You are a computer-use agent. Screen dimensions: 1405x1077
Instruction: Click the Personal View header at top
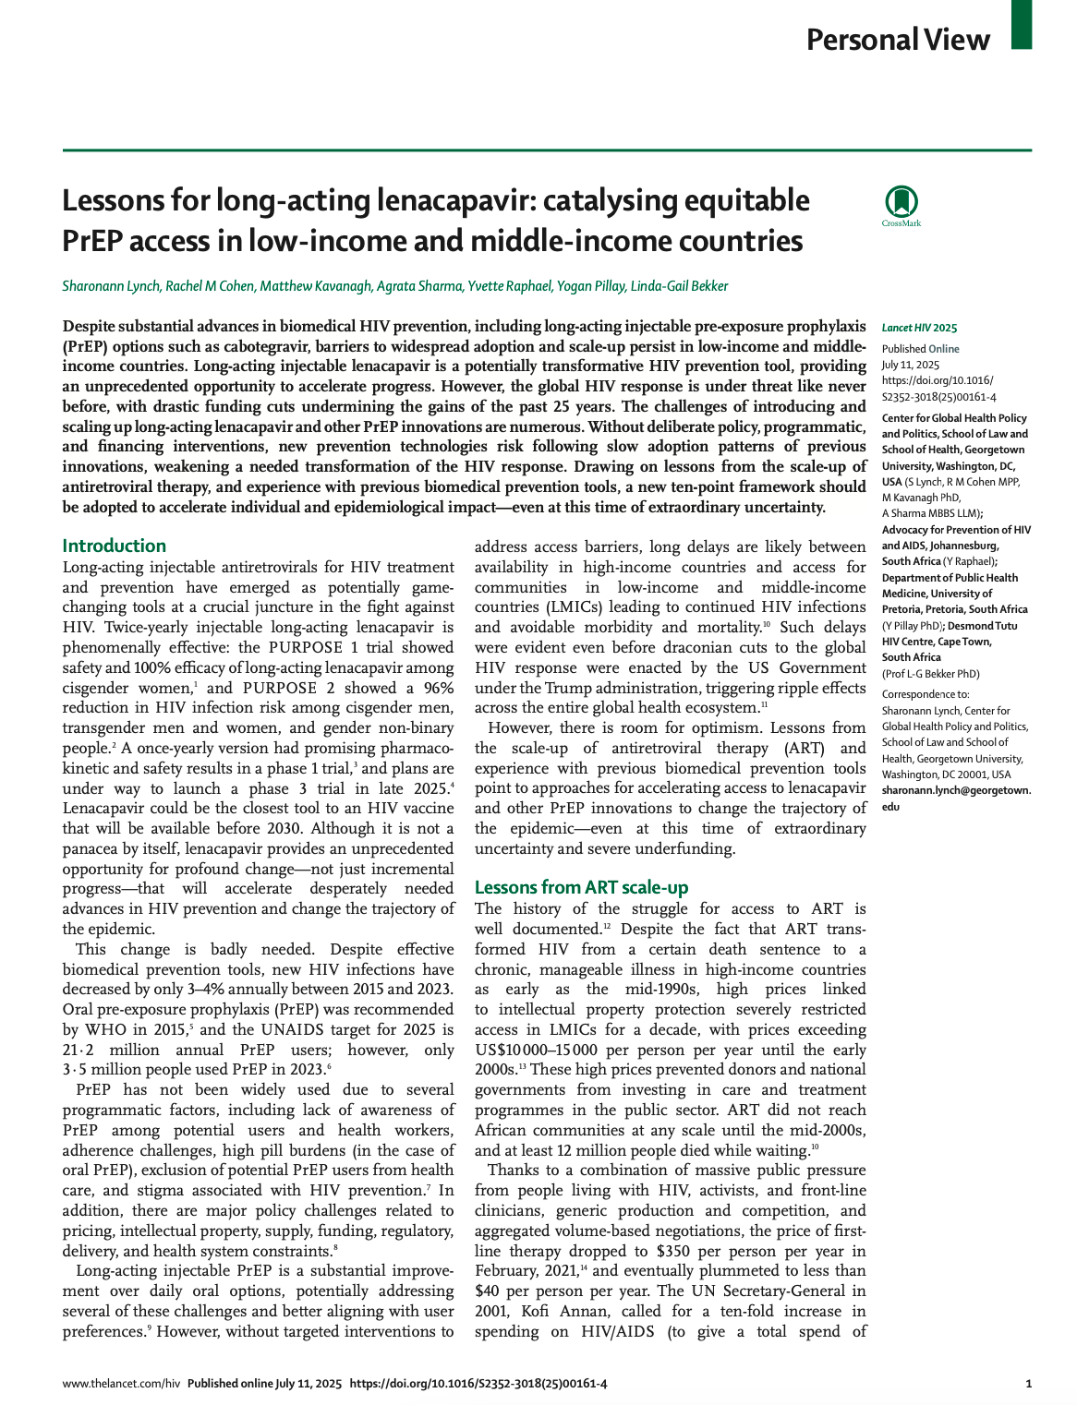coord(898,40)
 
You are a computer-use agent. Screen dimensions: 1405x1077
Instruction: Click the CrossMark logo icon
coord(902,205)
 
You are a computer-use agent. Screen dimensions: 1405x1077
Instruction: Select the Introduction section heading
coord(115,546)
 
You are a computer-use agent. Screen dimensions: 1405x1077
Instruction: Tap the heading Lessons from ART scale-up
coord(581,887)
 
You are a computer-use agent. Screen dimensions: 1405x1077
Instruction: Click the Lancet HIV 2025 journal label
coord(919,328)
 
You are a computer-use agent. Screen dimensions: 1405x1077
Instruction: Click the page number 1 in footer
coord(1028,1384)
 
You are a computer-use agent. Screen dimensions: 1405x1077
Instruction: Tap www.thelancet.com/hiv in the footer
coord(121,1384)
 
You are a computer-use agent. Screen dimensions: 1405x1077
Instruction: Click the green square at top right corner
coord(1021,24)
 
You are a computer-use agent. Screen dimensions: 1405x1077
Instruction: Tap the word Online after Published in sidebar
coord(943,349)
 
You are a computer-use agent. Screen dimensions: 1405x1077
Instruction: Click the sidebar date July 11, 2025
coord(910,365)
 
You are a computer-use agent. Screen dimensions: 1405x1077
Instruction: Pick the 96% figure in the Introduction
coord(436,688)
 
